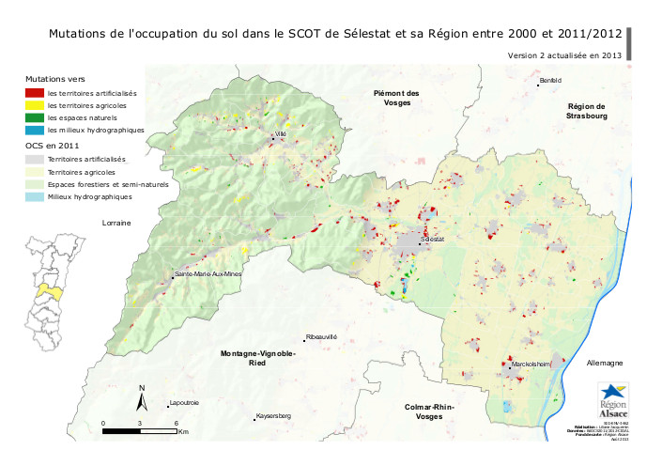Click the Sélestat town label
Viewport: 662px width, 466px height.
433,240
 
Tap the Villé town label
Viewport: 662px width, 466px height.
280,134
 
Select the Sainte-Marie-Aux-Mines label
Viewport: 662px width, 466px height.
208,274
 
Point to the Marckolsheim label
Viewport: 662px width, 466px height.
529,363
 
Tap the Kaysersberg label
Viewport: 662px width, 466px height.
274,415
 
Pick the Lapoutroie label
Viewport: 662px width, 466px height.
183,403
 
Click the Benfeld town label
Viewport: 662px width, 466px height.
550,81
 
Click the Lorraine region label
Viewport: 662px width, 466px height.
117,223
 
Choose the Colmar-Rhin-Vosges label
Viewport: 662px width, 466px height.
428,411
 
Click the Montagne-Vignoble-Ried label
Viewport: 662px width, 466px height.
257,357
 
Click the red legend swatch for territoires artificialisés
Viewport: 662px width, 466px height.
35,93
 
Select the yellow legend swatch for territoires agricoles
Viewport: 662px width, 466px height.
35,106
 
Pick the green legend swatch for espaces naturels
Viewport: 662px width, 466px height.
35,118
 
